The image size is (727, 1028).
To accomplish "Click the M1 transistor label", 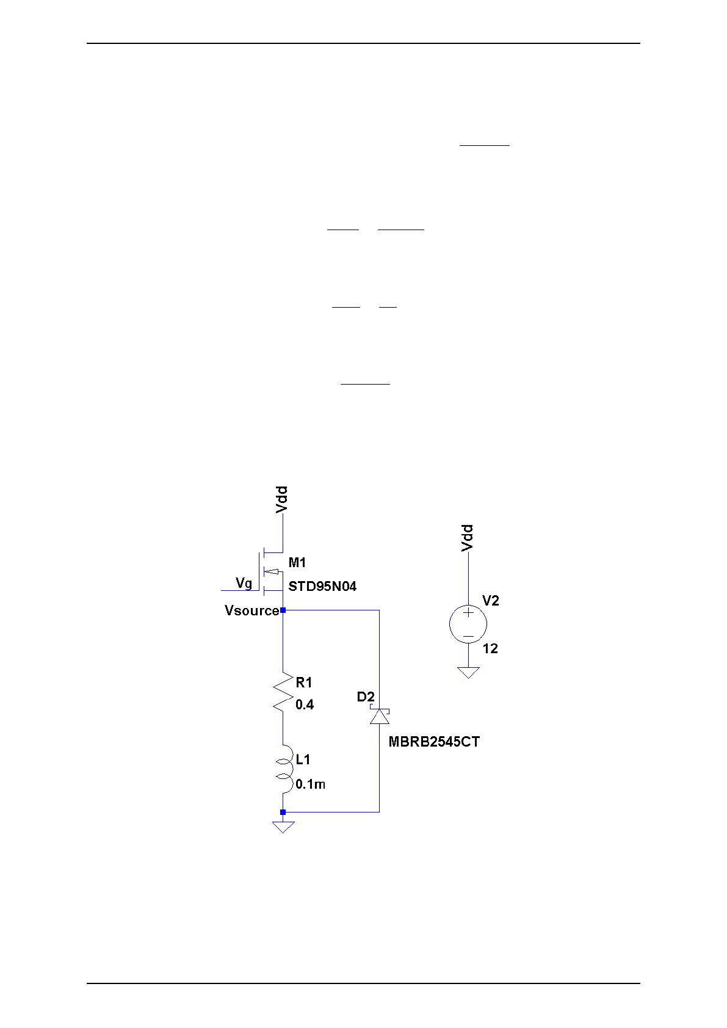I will click(297, 562).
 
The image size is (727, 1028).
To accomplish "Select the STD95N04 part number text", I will click(322, 587).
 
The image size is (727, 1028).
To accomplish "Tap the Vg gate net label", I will click(244, 584).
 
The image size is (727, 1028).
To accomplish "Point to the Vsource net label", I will click(251, 610).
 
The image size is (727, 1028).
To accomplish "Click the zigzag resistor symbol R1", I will click(283, 692).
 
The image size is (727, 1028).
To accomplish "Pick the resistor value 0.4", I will click(305, 705).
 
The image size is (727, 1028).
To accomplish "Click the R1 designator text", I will click(303, 682).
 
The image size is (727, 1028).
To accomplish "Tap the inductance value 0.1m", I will click(310, 784).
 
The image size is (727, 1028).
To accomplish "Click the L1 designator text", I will click(303, 759).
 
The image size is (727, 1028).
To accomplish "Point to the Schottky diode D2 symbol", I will click(380, 716).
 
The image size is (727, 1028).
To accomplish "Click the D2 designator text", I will click(366, 697).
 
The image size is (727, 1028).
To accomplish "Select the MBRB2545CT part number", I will click(434, 742).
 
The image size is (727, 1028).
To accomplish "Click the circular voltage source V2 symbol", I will click(468, 624).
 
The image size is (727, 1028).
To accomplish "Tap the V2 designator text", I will click(490, 601).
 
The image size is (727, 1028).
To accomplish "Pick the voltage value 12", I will click(490, 649).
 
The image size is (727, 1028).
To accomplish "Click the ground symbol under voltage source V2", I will click(468, 672).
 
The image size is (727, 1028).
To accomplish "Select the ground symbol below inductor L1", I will click(283, 827).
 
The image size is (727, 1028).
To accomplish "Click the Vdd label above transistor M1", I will click(281, 499).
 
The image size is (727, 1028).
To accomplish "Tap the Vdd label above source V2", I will click(468, 538).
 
